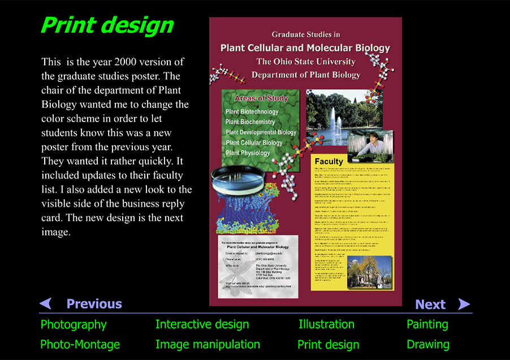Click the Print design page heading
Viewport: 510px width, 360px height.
pyautogui.click(x=107, y=25)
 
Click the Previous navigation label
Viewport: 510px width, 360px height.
pyautogui.click(x=94, y=304)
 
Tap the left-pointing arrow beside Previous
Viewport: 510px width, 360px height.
pyautogui.click(x=46, y=303)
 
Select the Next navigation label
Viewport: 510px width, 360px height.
pyautogui.click(x=430, y=305)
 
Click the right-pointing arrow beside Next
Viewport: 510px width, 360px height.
pyautogui.click(x=464, y=304)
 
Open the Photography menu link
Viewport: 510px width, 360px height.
pyautogui.click(x=74, y=324)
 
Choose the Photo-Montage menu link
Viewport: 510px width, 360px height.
pyautogui.click(x=80, y=344)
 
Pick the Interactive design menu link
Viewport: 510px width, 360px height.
pyautogui.click(x=202, y=324)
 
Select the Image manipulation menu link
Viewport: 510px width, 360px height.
pyautogui.click(x=208, y=344)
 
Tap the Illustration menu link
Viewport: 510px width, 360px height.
pyautogui.click(x=326, y=324)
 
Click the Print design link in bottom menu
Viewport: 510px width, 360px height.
pyautogui.click(x=329, y=345)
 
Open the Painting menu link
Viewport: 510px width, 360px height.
pyautogui.click(x=427, y=324)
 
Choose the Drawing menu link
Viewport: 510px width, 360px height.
pyautogui.click(x=428, y=344)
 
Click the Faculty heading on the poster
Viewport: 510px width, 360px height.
pyautogui.click(x=329, y=161)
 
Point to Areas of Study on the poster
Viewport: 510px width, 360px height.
pyautogui.click(x=261, y=98)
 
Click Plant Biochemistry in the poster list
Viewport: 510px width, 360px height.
pyautogui.click(x=250, y=122)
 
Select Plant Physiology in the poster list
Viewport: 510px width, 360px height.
pyautogui.click(x=248, y=153)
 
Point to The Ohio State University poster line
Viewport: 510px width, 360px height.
pyautogui.click(x=306, y=62)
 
